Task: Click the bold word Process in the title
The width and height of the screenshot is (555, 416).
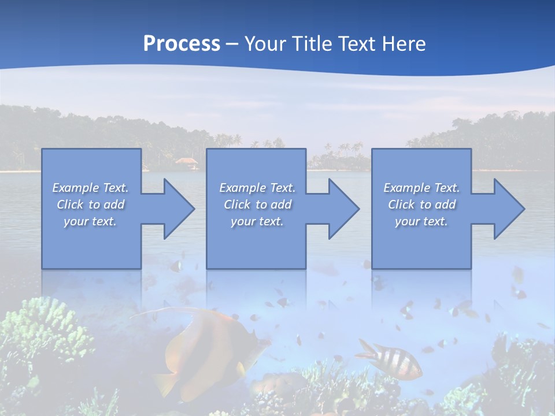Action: [182, 44]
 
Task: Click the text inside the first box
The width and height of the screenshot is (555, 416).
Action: [91, 205]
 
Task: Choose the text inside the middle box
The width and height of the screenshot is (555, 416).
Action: [257, 205]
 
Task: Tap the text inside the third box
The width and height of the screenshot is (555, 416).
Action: [421, 205]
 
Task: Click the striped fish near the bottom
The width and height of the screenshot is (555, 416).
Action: [390, 358]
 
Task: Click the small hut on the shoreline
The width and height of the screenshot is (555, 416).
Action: [186, 162]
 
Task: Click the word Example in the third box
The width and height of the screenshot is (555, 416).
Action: [405, 188]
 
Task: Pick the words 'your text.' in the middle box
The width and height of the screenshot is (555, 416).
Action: [257, 221]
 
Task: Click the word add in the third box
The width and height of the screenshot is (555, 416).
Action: [445, 205]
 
